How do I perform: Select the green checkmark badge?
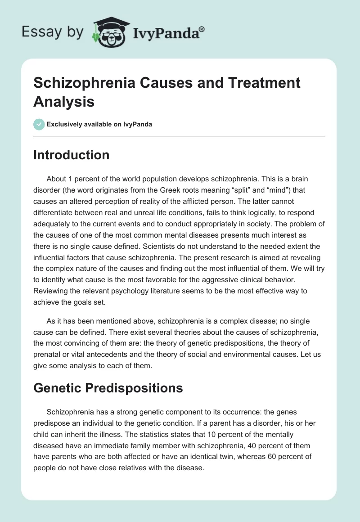(x=39, y=124)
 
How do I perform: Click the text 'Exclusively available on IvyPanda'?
(x=99, y=124)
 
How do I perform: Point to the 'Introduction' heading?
(x=71, y=155)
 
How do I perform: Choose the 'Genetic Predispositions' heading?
(x=108, y=388)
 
